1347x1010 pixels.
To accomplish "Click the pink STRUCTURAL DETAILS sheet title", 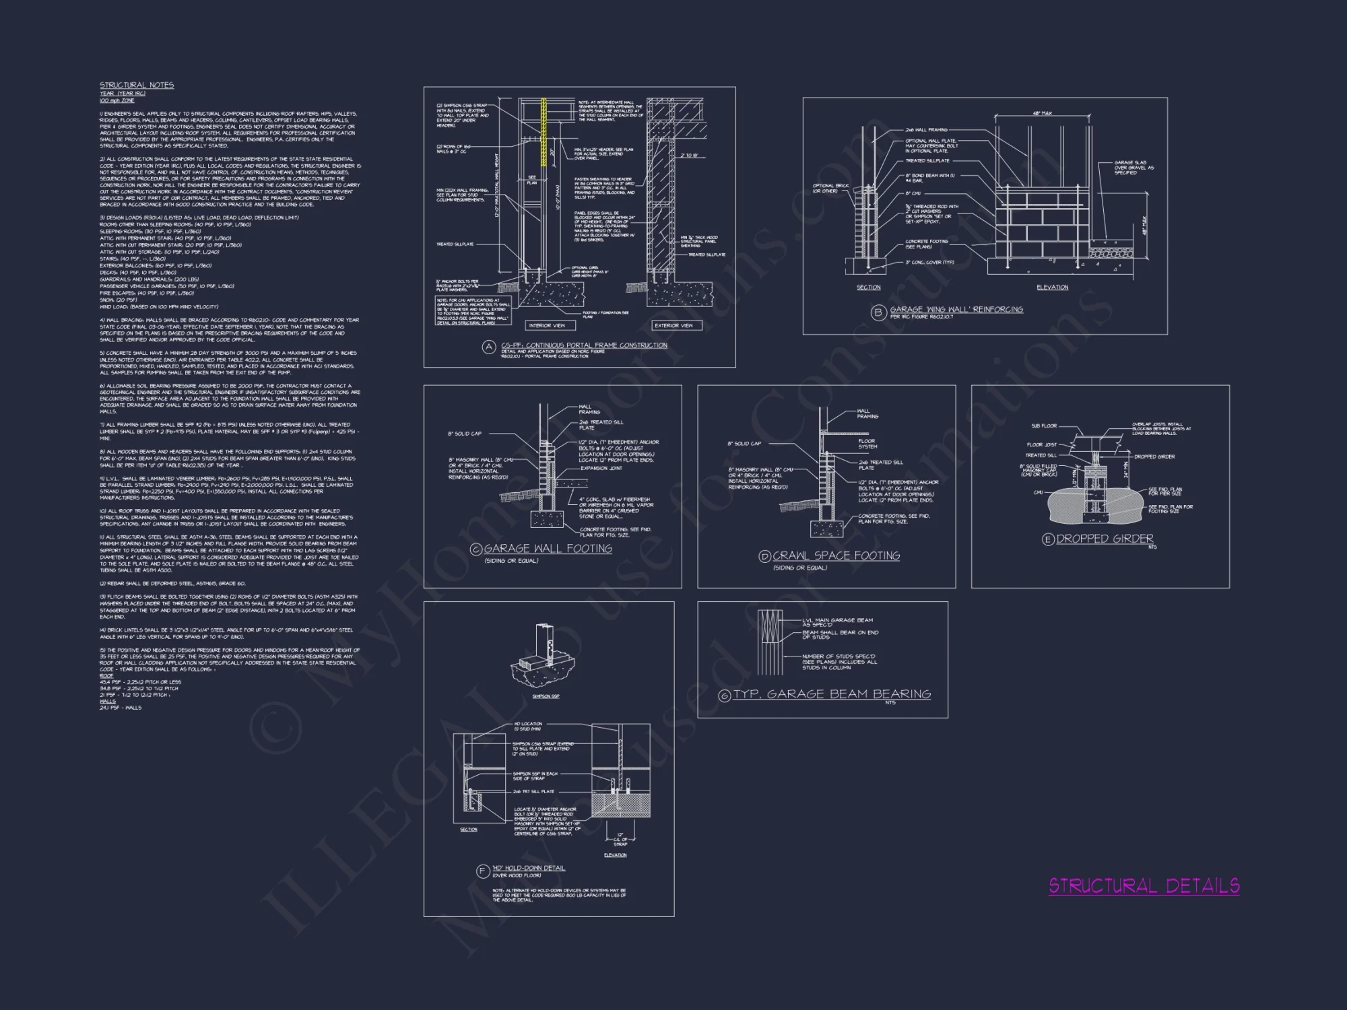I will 1144,885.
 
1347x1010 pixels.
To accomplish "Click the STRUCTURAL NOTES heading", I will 137,85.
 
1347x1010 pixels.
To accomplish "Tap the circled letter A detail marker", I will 489,347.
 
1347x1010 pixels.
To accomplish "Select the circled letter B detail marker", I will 878,312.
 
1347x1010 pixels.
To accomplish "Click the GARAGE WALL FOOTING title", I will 548,549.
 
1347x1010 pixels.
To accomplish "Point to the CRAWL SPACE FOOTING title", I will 836,555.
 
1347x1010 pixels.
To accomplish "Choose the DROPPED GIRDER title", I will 1105,539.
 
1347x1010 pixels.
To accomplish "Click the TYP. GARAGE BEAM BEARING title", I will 832,694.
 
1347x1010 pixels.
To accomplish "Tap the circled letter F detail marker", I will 482,871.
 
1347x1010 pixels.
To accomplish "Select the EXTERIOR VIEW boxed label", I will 673,326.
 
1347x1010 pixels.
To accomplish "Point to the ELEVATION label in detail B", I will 1052,288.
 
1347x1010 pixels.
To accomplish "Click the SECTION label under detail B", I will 868,288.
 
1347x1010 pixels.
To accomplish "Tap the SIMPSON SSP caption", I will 546,696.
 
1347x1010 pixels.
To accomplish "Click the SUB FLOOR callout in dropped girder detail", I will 1044,426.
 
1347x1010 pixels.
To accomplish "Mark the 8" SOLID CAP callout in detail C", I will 465,434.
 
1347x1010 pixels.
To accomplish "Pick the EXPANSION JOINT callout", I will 601,468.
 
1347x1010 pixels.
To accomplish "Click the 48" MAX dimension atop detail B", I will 1042,113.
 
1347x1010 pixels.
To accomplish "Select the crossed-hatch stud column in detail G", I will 768,642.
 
